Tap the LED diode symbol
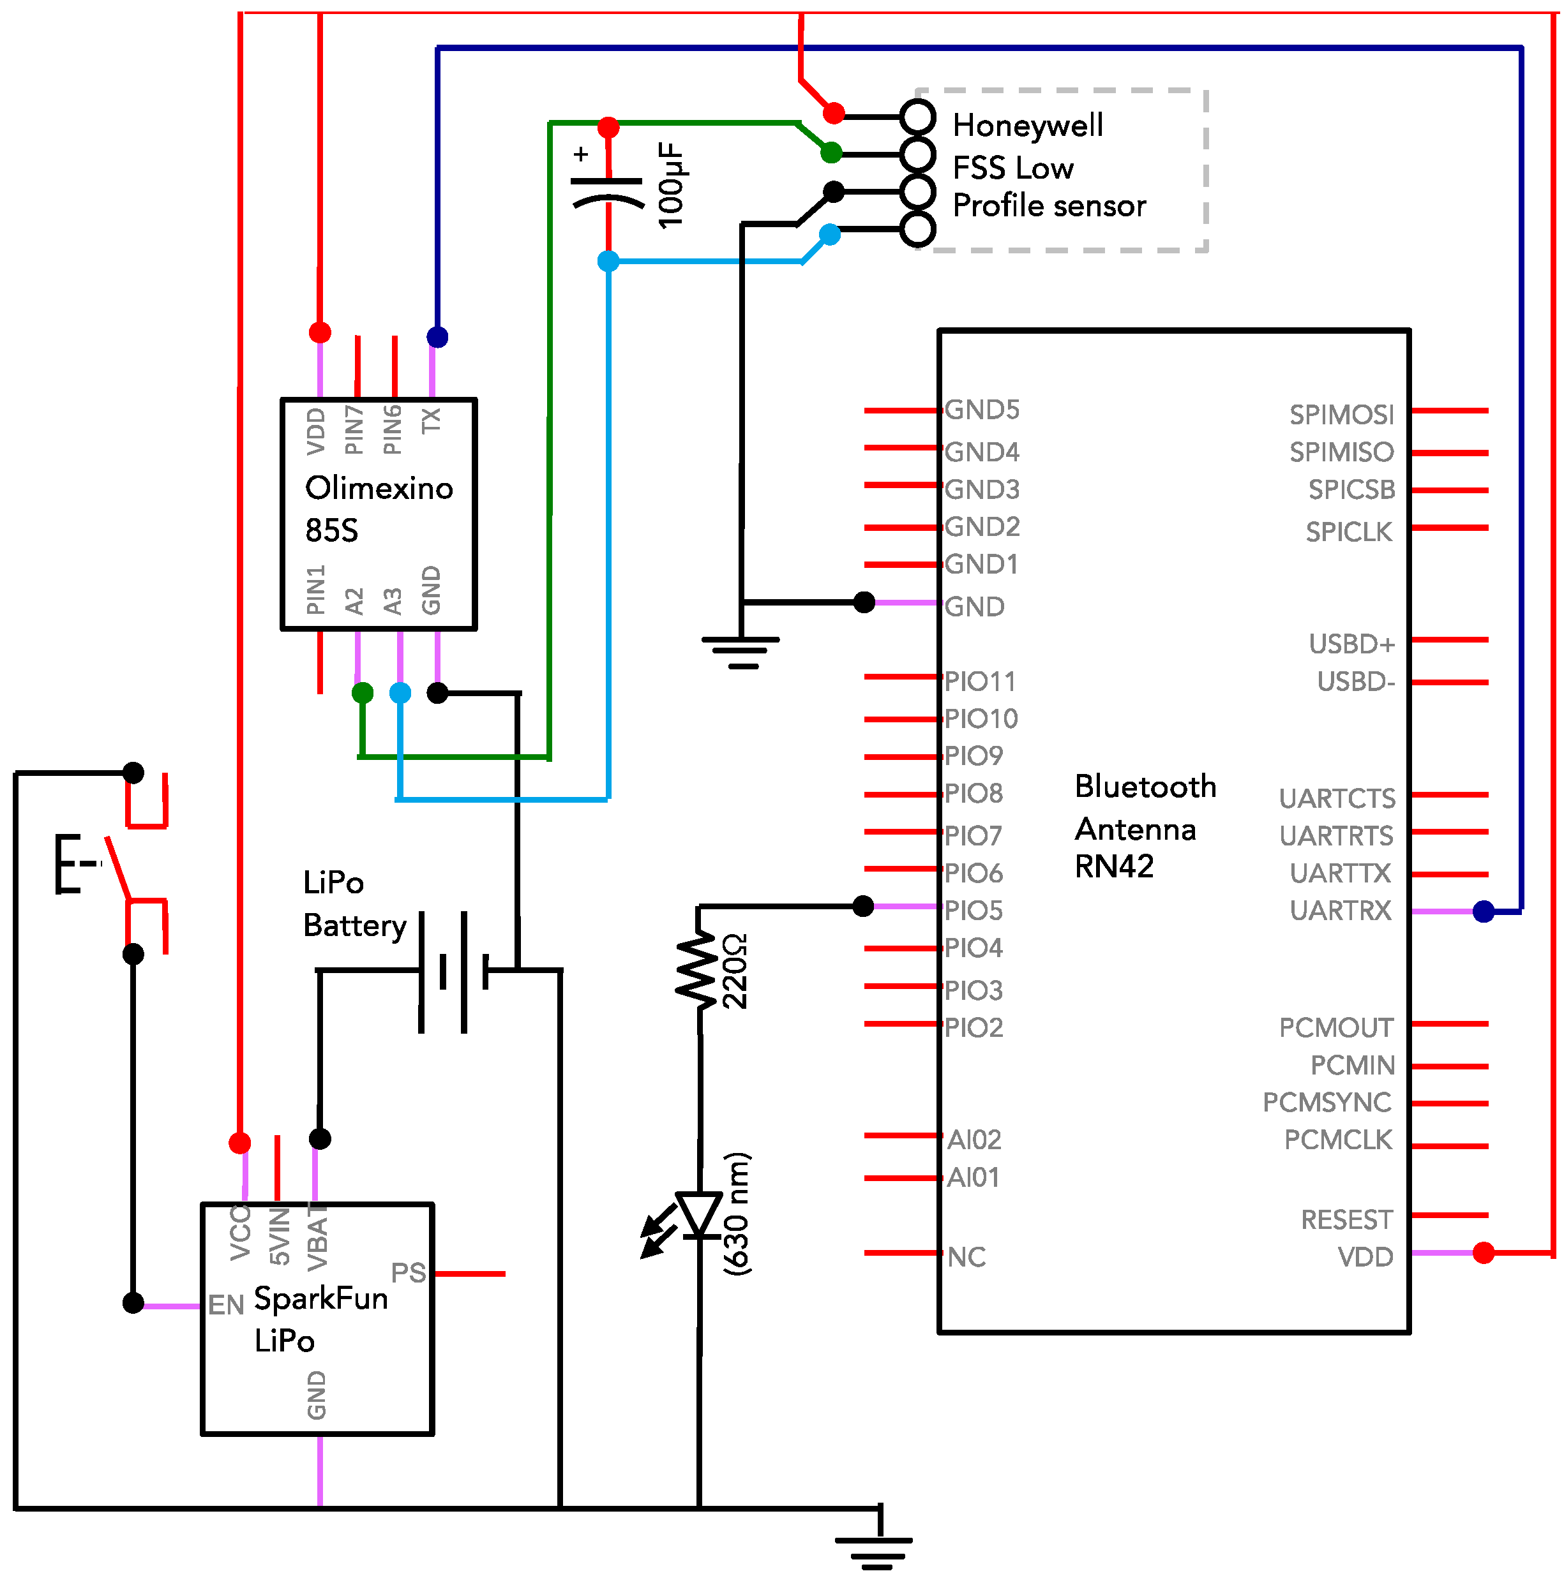click(x=698, y=1215)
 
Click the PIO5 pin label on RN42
click(x=974, y=911)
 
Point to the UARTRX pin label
click(x=1341, y=911)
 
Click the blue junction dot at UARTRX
click(x=1484, y=911)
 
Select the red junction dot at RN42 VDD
click(x=1484, y=1253)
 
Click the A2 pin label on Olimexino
click(x=354, y=601)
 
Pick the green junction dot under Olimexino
click(x=362, y=693)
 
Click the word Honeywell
click(x=1028, y=126)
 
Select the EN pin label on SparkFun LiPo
click(x=226, y=1306)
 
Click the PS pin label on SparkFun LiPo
click(x=409, y=1272)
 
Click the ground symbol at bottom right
click(x=874, y=1552)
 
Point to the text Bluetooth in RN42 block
click(x=1145, y=787)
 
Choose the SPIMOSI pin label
click(x=1341, y=415)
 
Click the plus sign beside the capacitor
click(x=581, y=154)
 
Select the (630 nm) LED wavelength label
click(x=737, y=1214)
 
